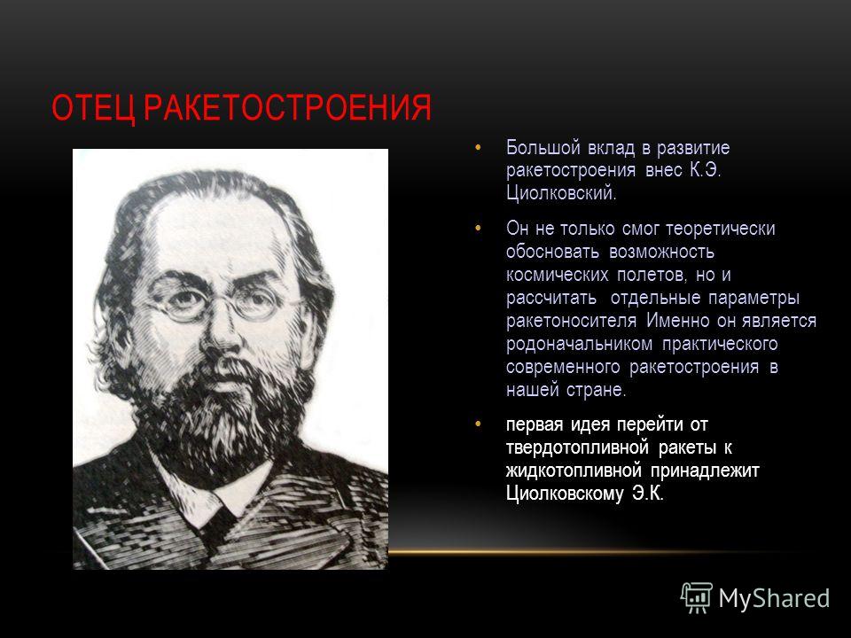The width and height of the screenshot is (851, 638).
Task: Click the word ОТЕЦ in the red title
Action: [x=93, y=107]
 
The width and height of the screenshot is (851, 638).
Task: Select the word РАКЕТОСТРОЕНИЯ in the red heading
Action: [x=287, y=107]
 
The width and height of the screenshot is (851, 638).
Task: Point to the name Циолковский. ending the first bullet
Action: [x=561, y=193]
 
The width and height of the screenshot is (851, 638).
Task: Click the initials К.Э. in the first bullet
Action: [x=705, y=170]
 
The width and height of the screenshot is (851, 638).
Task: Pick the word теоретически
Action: [x=720, y=229]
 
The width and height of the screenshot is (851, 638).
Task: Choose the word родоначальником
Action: [x=579, y=345]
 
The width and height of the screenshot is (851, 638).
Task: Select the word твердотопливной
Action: [x=577, y=447]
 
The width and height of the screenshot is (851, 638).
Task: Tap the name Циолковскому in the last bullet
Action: [x=565, y=494]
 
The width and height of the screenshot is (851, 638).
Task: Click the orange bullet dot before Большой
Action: [x=478, y=148]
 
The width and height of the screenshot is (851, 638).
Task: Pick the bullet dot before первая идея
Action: [x=478, y=424]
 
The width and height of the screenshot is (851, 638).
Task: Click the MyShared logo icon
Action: [x=697, y=598]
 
